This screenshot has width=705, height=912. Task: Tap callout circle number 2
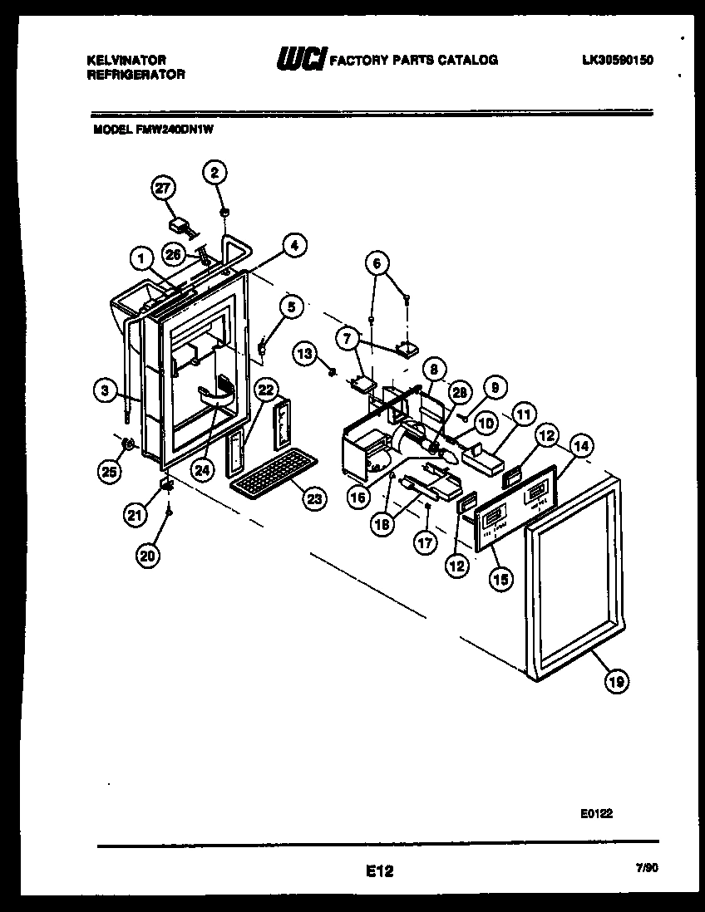click(x=214, y=173)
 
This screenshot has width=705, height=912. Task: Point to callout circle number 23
click(x=314, y=498)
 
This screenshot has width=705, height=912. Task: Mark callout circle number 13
click(x=305, y=355)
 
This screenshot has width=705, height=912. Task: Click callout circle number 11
click(x=523, y=414)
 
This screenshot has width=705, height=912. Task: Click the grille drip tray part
click(x=274, y=473)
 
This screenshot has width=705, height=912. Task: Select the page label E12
click(x=378, y=871)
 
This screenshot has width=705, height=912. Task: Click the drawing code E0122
click(x=596, y=815)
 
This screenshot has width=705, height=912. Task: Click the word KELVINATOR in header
click(x=126, y=60)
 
